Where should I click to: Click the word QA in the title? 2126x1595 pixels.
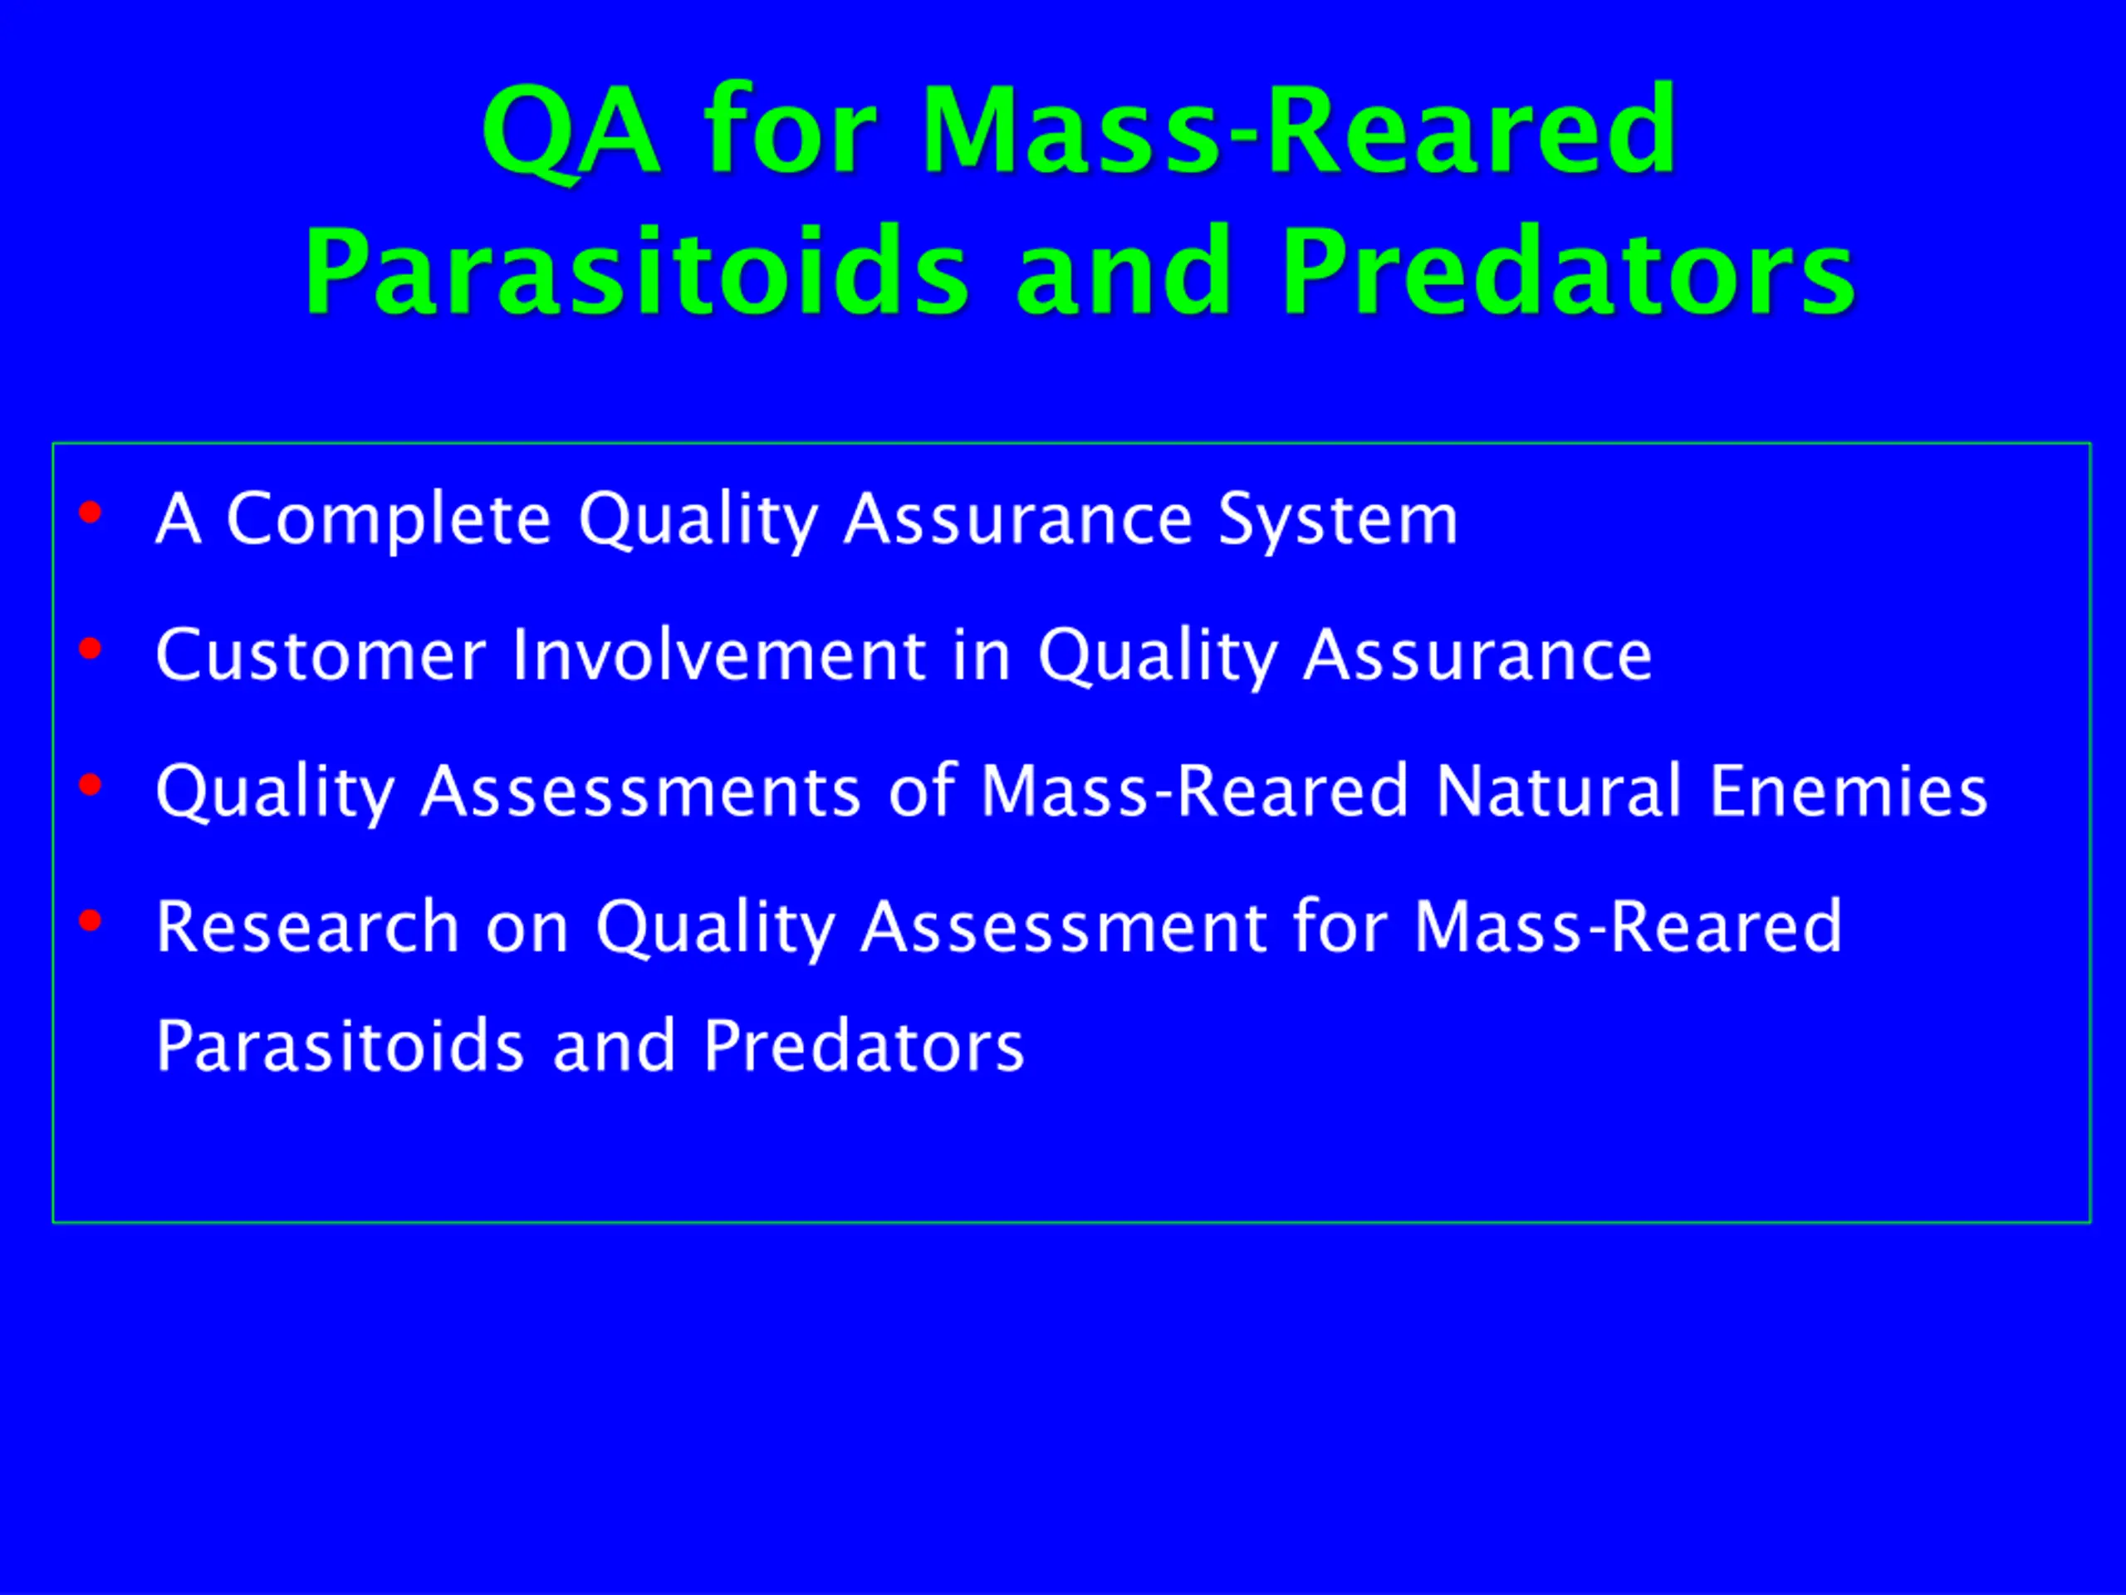(x=571, y=132)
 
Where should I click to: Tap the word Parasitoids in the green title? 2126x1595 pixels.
(x=637, y=270)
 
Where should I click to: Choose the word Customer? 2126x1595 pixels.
(x=321, y=655)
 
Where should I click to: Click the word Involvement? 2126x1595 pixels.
(x=719, y=655)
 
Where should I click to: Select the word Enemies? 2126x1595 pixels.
(x=1849, y=791)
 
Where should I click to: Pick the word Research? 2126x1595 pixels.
(x=307, y=927)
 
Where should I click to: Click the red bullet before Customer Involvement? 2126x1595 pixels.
(x=91, y=649)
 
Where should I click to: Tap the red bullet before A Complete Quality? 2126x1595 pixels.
(x=91, y=513)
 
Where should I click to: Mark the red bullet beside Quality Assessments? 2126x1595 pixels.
(x=91, y=784)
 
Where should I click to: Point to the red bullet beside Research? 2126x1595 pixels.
(x=91, y=920)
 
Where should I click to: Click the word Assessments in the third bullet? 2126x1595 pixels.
(x=641, y=791)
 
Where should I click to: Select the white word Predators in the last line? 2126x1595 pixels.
(x=864, y=1046)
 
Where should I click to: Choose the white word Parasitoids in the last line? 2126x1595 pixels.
(x=340, y=1046)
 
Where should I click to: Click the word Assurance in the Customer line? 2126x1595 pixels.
(x=1478, y=655)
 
